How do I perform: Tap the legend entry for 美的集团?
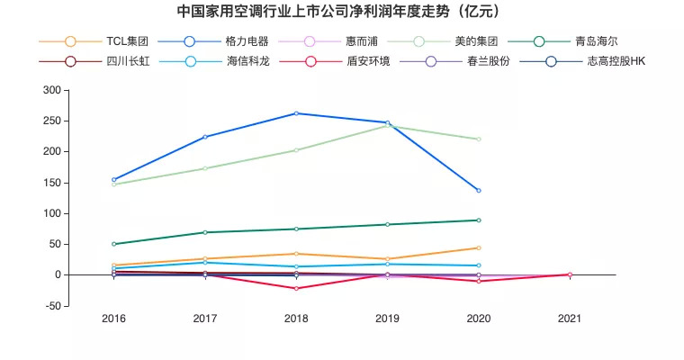(x=474, y=41)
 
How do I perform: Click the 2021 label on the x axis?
(x=570, y=319)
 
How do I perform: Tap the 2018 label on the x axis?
(x=296, y=319)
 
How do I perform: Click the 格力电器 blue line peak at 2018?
(x=296, y=113)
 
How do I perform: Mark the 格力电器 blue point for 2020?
(x=479, y=191)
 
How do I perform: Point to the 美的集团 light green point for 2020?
(x=479, y=139)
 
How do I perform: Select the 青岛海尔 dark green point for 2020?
(x=479, y=220)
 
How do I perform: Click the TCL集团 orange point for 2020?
(x=479, y=247)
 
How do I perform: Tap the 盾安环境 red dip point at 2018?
(x=296, y=288)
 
